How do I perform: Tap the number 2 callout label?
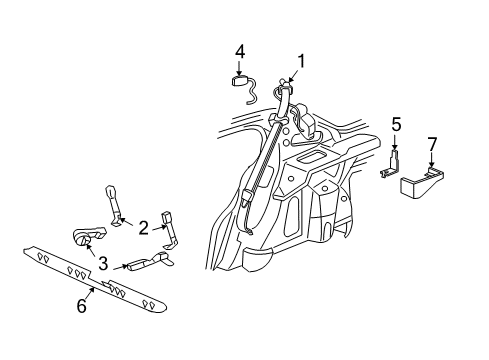tap(142, 229)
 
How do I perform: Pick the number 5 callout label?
tap(396, 125)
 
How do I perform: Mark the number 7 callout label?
tap(433, 146)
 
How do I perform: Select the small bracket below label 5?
tap(391, 164)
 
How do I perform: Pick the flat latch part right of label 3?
tap(145, 264)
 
